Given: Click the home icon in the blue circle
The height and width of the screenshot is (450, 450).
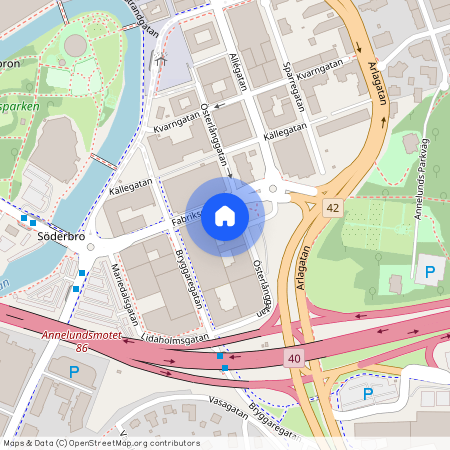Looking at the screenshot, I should tap(225, 216).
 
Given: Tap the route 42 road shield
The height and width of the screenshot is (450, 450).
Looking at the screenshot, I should tap(332, 207).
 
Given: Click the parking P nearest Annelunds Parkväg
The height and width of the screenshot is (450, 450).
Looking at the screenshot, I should tap(430, 271).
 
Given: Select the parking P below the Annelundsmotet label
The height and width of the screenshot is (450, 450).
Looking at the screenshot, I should tap(72, 372).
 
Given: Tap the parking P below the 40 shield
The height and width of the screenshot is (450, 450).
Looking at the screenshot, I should tap(367, 393).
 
